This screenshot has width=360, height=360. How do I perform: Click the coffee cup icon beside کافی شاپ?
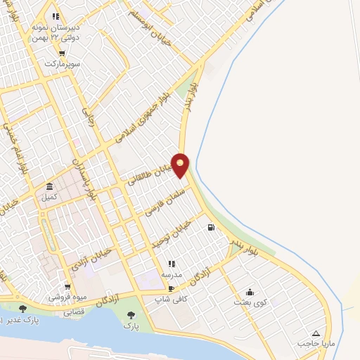pos(171,288)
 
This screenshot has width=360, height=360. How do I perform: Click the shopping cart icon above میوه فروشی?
pos(67,286)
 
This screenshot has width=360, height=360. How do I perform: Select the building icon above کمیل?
pos(49,186)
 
